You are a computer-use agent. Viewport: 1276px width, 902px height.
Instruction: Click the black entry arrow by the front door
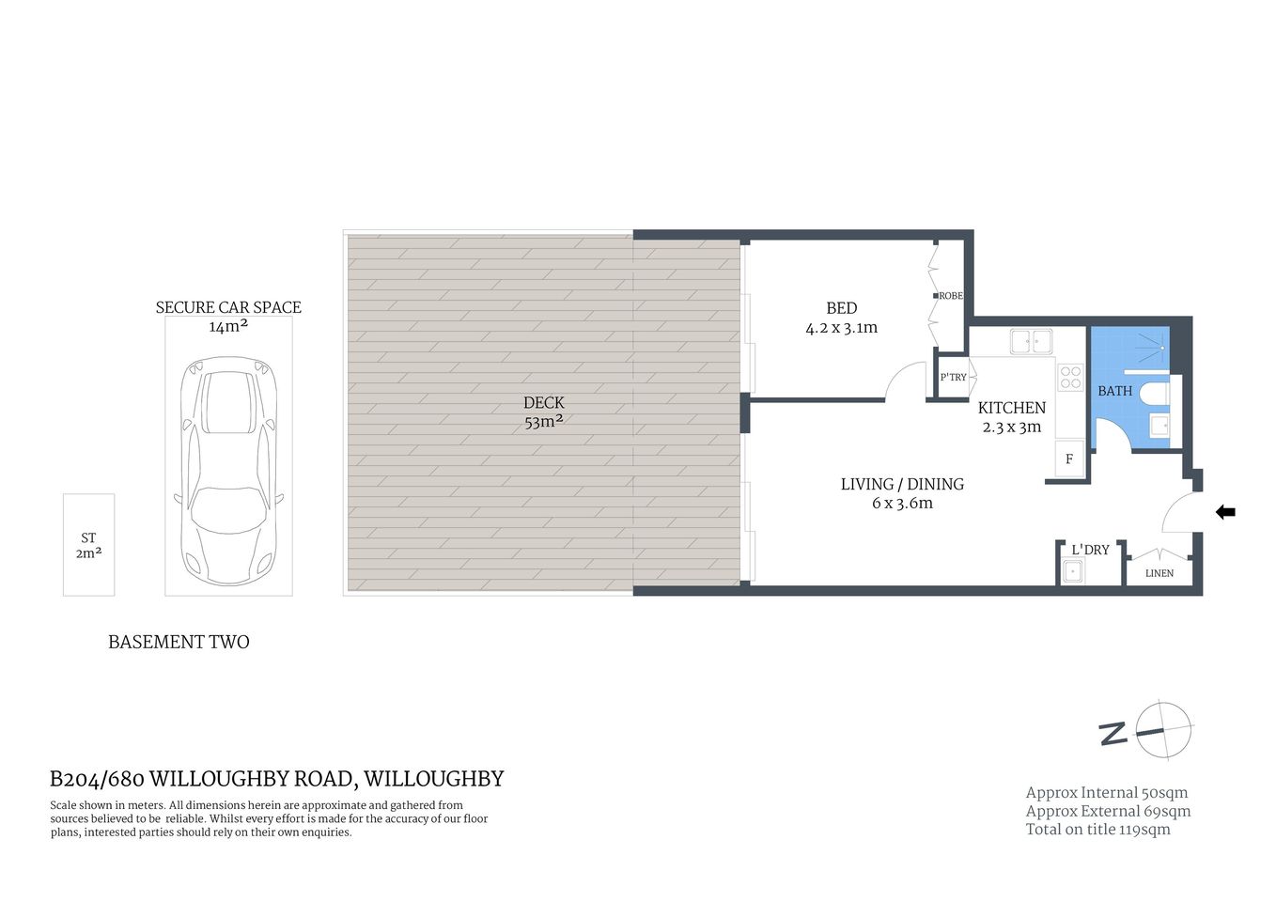1225,512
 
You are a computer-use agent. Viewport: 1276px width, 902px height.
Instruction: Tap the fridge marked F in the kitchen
1069,459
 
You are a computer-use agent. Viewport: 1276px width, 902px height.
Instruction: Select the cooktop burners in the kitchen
1071,378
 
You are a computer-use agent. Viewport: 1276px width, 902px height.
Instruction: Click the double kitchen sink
1031,341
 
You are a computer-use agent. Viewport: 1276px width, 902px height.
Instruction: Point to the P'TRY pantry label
953,378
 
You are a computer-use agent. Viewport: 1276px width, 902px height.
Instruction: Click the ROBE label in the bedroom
950,296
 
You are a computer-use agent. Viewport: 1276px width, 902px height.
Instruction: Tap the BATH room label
1115,391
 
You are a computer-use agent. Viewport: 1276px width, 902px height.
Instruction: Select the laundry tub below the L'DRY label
1072,570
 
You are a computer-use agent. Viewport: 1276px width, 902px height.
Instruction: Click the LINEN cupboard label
1159,573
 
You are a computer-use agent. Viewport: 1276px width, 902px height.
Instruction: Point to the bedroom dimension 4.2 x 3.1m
841,328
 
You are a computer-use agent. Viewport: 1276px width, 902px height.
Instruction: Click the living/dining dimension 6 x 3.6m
902,504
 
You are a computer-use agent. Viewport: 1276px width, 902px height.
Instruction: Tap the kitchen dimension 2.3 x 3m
1012,428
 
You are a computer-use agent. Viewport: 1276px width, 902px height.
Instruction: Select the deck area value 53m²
544,422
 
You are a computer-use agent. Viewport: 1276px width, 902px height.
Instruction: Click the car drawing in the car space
229,470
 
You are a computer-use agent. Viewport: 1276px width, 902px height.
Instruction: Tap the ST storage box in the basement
88,545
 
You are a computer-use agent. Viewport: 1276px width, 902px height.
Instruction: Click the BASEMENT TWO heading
179,643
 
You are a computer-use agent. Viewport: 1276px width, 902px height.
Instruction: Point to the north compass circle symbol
1163,730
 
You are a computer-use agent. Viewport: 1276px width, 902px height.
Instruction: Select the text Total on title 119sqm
1097,830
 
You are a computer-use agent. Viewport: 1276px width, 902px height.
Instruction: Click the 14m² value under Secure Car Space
228,327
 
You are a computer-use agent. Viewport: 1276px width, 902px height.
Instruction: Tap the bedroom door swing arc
904,380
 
